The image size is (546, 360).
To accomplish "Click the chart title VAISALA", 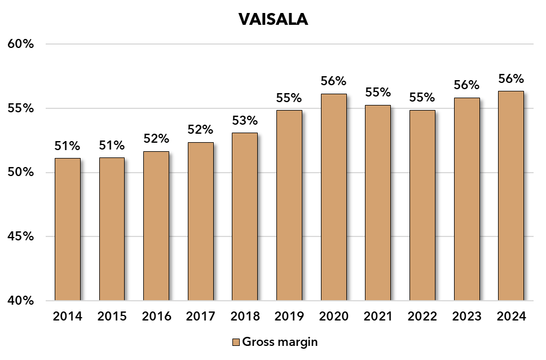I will (273, 19).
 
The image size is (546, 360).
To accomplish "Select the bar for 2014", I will (67, 229).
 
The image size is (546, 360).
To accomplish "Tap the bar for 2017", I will (200, 221).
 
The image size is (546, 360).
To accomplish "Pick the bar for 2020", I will (333, 197).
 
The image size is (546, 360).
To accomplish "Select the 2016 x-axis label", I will (156, 317).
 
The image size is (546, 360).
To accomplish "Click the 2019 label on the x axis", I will (289, 317).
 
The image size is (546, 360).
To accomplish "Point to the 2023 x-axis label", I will (467, 317).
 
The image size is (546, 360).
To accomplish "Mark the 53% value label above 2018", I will (245, 120).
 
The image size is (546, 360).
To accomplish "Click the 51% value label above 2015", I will (112, 146).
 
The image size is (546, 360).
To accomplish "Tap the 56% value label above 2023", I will (467, 85).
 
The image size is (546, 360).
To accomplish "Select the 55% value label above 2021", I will (378, 92).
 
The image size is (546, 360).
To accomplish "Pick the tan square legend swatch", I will (236, 342).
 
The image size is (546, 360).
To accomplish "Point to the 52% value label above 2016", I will (156, 139).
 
